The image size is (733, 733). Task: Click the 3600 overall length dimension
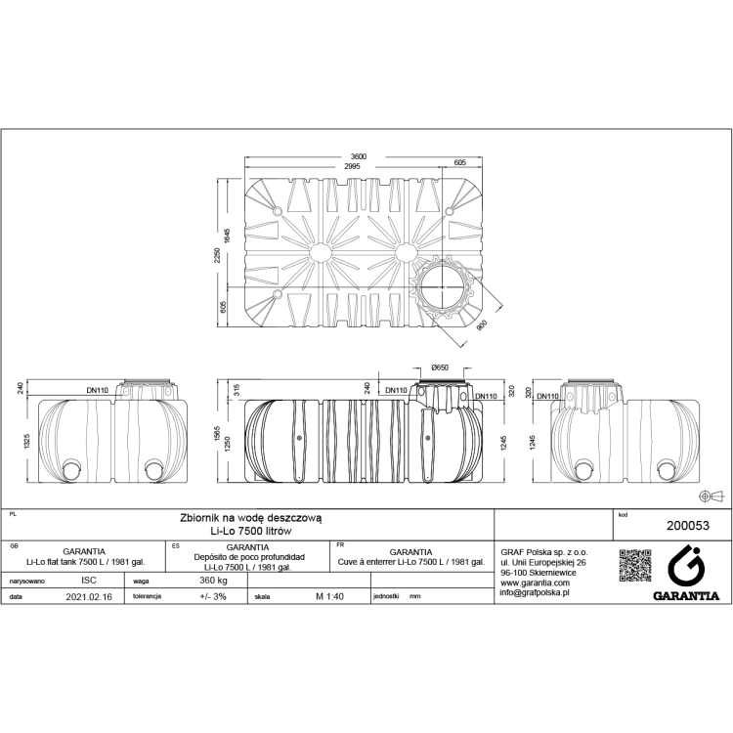(x=359, y=157)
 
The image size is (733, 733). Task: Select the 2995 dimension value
(x=352, y=166)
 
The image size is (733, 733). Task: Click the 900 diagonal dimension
(x=480, y=327)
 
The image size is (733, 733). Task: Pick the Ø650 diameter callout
(x=440, y=366)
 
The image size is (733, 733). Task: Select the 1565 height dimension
(x=221, y=433)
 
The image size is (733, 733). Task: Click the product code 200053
(x=686, y=524)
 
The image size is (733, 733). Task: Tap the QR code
(x=635, y=568)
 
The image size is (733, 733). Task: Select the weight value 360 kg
(x=213, y=580)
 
